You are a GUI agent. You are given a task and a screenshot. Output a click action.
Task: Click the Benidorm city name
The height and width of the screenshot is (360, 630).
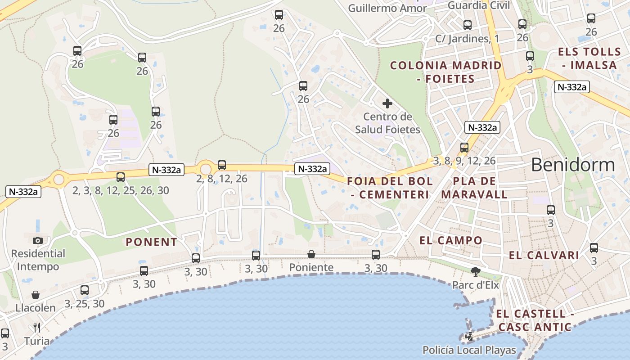(x=572, y=165)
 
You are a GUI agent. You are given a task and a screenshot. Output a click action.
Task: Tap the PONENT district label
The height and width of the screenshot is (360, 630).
(x=151, y=242)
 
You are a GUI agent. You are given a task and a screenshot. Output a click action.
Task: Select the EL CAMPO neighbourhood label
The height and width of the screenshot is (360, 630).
(x=451, y=240)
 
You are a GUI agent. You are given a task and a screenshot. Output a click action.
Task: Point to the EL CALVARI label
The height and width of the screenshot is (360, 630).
(x=544, y=256)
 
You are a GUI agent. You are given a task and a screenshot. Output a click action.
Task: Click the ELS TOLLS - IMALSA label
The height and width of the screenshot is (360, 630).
(x=587, y=58)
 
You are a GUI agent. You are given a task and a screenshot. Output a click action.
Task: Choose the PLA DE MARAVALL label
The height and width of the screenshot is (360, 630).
(x=474, y=188)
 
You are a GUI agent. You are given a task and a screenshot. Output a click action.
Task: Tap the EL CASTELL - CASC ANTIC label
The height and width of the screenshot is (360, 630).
(x=535, y=320)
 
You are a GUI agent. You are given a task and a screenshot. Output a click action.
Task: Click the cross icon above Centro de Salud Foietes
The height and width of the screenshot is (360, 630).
(x=387, y=104)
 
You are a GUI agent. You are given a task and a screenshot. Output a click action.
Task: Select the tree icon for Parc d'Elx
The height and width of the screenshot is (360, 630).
(x=475, y=271)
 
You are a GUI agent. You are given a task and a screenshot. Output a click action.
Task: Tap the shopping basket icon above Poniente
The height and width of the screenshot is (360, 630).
(x=311, y=255)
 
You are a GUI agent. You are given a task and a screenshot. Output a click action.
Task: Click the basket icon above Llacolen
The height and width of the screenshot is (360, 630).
(x=36, y=295)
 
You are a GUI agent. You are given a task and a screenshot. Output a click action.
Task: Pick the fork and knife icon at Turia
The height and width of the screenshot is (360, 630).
(x=37, y=327)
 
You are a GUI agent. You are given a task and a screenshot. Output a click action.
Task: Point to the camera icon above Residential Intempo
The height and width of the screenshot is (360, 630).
(x=38, y=240)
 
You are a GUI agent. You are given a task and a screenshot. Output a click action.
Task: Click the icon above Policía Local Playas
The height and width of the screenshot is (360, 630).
(x=469, y=336)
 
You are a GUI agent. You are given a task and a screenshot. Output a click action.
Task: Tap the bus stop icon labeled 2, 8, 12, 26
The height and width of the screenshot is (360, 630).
(x=222, y=165)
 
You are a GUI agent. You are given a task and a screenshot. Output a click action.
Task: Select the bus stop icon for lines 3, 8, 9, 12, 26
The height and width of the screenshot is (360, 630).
(x=464, y=148)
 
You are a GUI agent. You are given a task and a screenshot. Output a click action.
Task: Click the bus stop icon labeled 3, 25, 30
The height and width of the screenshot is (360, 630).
(x=85, y=290)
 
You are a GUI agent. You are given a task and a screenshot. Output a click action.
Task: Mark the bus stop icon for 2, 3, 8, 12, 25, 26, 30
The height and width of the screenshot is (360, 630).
(x=121, y=177)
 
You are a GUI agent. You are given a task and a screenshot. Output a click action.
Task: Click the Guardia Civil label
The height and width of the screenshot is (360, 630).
(x=479, y=5)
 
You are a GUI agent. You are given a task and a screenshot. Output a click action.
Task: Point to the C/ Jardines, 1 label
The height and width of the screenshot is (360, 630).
(x=467, y=39)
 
